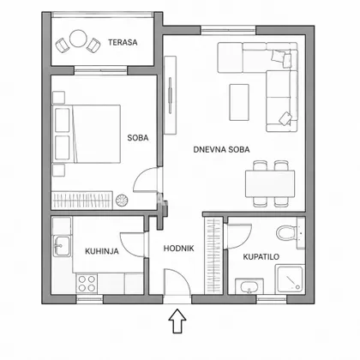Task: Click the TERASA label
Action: click(123, 42)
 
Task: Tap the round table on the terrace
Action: click(78, 39)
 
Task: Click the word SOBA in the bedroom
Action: click(138, 138)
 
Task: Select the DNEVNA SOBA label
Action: click(221, 149)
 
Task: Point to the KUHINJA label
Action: click(102, 251)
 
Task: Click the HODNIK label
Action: click(178, 249)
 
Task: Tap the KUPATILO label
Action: click(261, 256)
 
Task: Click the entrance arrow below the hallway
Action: click(177, 321)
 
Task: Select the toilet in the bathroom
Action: click(287, 233)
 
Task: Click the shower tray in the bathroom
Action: click(289, 279)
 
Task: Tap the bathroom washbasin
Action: click(249, 286)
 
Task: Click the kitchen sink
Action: click(62, 246)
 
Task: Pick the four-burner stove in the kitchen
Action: click(87, 283)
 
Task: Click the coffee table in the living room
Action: click(239, 102)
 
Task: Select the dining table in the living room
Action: click(270, 183)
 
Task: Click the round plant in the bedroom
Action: click(122, 200)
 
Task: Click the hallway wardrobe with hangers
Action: click(213, 256)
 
